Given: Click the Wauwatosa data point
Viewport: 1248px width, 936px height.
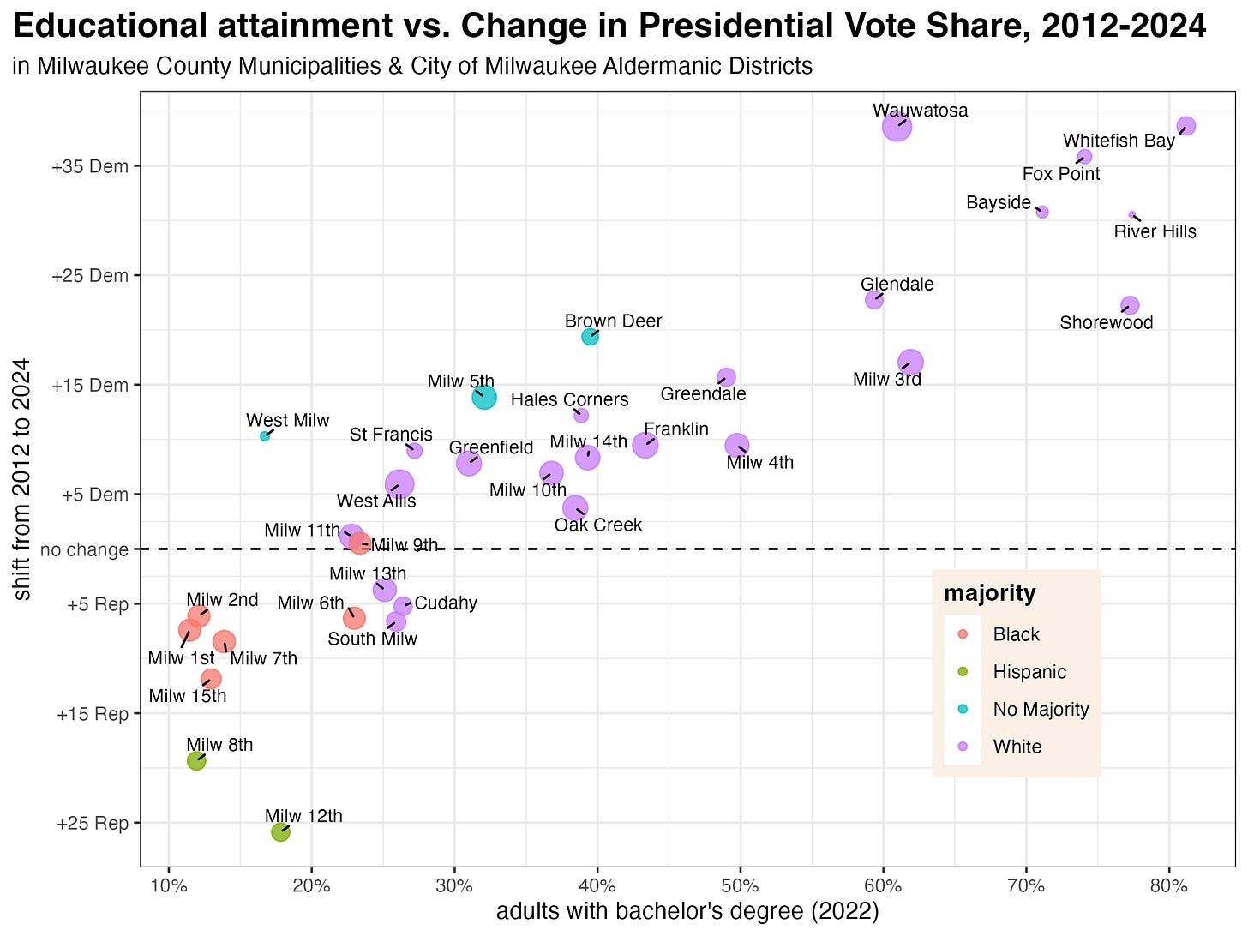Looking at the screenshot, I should coord(897,127).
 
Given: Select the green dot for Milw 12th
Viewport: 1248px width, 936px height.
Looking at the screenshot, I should coord(280,831).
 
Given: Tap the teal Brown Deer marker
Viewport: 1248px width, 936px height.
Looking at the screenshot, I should coord(590,336).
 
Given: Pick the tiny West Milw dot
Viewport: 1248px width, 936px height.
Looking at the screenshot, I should coord(265,436).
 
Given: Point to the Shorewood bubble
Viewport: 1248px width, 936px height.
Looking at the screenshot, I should coord(1130,305).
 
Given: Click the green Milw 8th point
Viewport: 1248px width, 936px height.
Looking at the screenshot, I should coord(196,760).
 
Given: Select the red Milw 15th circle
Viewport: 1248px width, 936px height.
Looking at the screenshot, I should coord(211,679).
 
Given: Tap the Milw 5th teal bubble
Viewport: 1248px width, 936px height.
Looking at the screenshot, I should coord(484,397).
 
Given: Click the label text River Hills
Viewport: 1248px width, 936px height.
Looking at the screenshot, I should coord(1155,231).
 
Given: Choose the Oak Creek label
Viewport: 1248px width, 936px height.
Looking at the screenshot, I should coord(597,525).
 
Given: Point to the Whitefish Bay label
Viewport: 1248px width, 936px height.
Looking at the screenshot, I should coord(1118,141).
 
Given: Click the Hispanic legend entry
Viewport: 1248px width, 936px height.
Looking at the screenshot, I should coord(1029,672).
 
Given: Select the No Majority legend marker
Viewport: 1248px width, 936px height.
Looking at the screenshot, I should coord(962,709).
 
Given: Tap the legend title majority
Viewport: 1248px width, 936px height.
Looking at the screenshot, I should coord(989,593).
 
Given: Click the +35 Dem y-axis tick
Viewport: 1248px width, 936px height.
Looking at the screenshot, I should coord(89,166).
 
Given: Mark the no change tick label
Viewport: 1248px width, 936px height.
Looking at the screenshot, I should coord(83,549).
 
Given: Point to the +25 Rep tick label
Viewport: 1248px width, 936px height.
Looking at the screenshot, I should coord(92,824).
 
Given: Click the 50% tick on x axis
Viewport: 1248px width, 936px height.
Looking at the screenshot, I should coord(740,885).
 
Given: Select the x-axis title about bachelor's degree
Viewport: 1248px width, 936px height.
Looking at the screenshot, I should coord(687,912).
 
